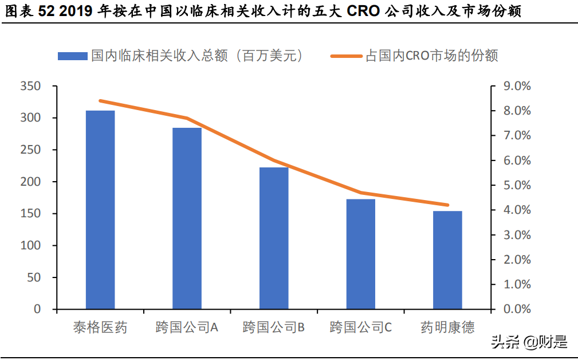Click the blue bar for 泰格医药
100,210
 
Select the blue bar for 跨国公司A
187,218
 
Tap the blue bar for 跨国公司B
274,238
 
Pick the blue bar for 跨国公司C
361,254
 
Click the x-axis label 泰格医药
100,328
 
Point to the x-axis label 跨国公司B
274,328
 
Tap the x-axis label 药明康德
447,328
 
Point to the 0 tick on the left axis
37,310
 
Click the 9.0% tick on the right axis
517,86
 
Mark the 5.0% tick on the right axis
517,185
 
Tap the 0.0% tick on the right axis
517,310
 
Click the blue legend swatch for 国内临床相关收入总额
73,56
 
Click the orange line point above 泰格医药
100,101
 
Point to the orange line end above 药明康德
447,205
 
